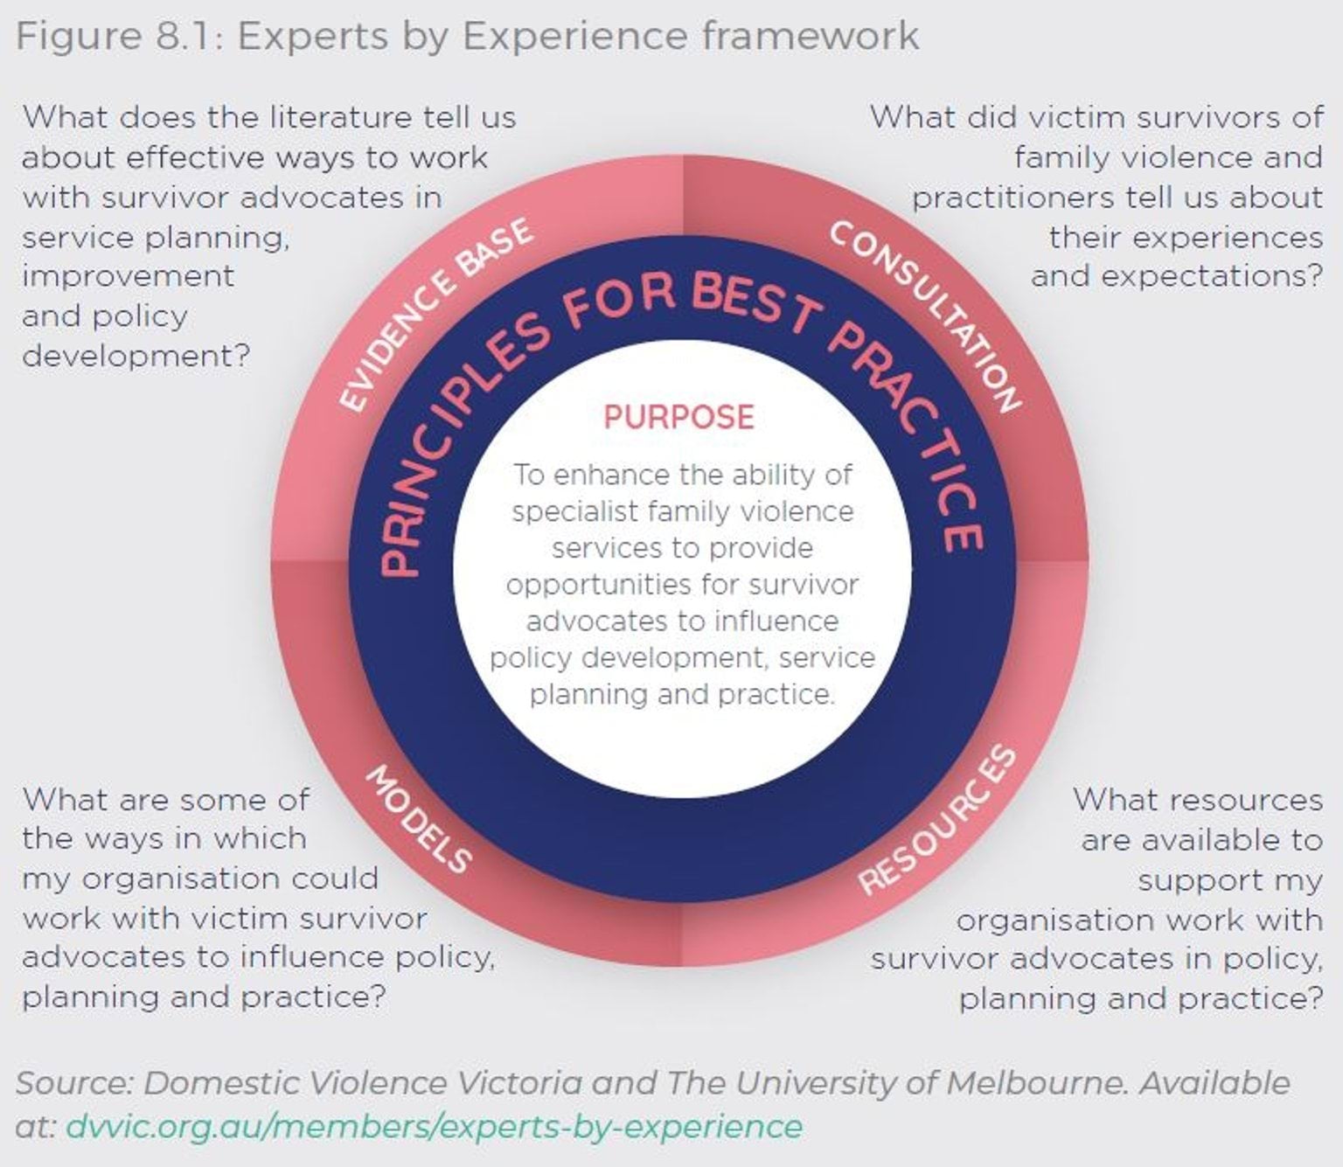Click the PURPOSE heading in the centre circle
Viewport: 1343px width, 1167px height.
point(678,417)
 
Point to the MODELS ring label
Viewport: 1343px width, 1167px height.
point(418,819)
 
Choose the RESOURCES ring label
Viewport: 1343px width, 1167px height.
point(938,821)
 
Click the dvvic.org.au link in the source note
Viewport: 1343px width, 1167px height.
point(434,1126)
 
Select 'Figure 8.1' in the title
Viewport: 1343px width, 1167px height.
point(117,37)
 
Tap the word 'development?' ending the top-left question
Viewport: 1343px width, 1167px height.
point(136,356)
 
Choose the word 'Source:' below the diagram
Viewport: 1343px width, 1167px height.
point(74,1083)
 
